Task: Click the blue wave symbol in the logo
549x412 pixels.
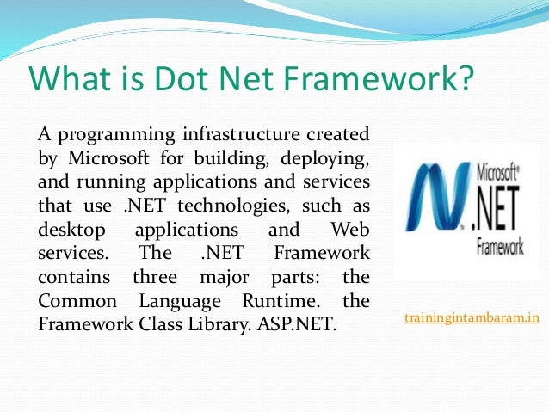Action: (x=437, y=206)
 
